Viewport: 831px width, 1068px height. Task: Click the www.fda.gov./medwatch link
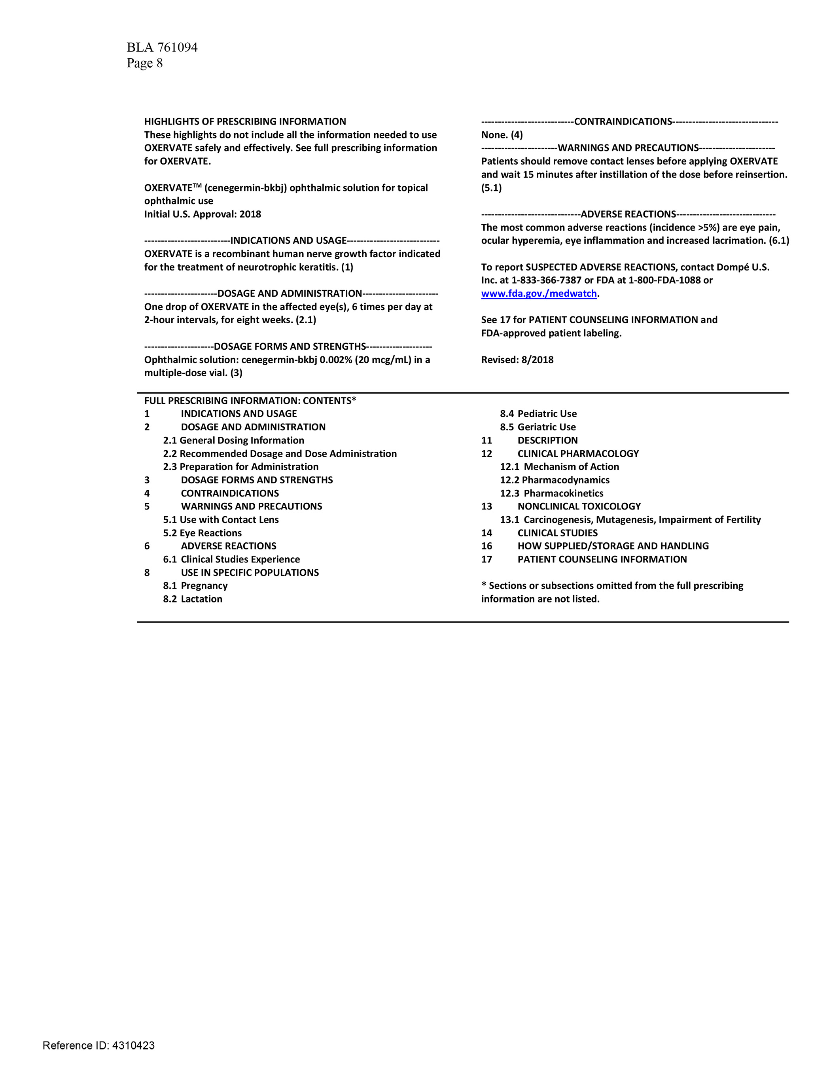pyautogui.click(x=539, y=294)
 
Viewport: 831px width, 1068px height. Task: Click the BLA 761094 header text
pyautogui.click(x=162, y=47)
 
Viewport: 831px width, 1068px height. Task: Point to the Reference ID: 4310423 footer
pyautogui.click(x=98, y=1045)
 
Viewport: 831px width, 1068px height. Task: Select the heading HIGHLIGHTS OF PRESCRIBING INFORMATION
pyautogui.click(x=245, y=122)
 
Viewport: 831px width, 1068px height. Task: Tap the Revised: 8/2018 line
pyautogui.click(x=517, y=360)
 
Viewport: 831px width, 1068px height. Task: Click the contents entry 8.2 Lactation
pyautogui.click(x=193, y=599)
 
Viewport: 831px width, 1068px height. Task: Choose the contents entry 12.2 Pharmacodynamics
pyautogui.click(x=555, y=480)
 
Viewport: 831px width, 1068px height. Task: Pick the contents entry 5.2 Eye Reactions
pyautogui.click(x=203, y=533)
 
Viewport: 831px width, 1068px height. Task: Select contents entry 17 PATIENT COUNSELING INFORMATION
pyautogui.click(x=584, y=559)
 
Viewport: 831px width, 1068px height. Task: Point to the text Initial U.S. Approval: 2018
pyautogui.click(x=203, y=214)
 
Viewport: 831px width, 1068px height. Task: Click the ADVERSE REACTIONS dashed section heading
pyautogui.click(x=628, y=214)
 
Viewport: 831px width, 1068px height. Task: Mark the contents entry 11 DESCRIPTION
pyautogui.click(x=529, y=441)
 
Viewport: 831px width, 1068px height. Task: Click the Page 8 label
pyautogui.click(x=145, y=63)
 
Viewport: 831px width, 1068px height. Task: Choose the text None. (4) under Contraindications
pyautogui.click(x=502, y=135)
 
